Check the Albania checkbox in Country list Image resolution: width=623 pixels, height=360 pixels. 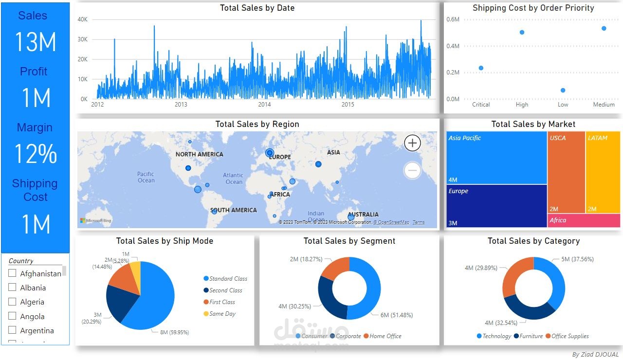[12, 288]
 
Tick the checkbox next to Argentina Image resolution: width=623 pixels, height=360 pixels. [12, 330]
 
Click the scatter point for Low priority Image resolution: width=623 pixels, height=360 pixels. [563, 90]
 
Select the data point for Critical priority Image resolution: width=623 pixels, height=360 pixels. [481, 68]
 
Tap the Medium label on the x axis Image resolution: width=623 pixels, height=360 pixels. [604, 105]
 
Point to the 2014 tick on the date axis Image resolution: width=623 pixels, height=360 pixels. [264, 105]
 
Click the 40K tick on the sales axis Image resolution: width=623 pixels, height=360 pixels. [82, 19]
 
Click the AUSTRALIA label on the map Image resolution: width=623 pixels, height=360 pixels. [363, 214]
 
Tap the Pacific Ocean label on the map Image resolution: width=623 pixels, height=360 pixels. [146, 177]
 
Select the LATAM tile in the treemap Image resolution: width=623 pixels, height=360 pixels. [603, 172]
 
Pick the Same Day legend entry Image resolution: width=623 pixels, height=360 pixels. [222, 314]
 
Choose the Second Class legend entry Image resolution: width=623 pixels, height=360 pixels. [225, 290]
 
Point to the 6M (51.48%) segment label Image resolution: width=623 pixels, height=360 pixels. [396, 315]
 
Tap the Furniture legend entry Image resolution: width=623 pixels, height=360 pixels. [531, 336]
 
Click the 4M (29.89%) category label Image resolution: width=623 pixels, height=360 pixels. [480, 268]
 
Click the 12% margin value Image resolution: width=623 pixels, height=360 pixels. [36, 154]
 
